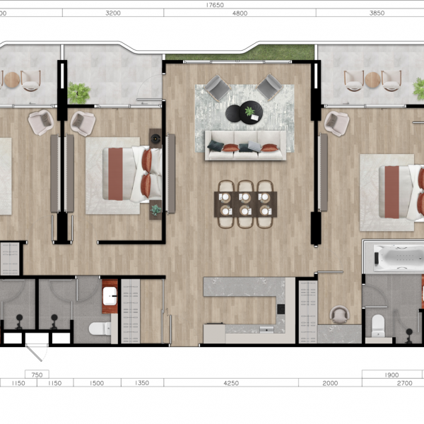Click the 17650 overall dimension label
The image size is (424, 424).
coord(215,5)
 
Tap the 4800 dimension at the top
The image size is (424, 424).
coord(240,13)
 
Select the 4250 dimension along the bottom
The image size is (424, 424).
coord(231,383)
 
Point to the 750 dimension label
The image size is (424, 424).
coord(37,375)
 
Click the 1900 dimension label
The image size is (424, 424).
coord(391,375)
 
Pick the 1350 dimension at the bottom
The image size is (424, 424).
coord(142,382)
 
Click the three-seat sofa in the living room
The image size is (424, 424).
coord(245,146)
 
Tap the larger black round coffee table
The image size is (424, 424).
coord(251,112)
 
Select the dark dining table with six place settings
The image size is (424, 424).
coord(245,204)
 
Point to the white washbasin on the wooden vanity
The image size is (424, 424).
coord(110,296)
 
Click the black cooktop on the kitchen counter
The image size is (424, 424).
coord(281,309)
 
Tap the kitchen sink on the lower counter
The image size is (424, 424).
coord(266,329)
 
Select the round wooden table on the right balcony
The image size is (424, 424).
coord(373,80)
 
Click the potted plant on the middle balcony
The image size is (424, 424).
coord(78,93)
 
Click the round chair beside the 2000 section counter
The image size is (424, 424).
coord(340,314)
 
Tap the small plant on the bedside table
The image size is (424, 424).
coord(155,210)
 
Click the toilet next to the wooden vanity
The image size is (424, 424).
coord(100,329)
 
